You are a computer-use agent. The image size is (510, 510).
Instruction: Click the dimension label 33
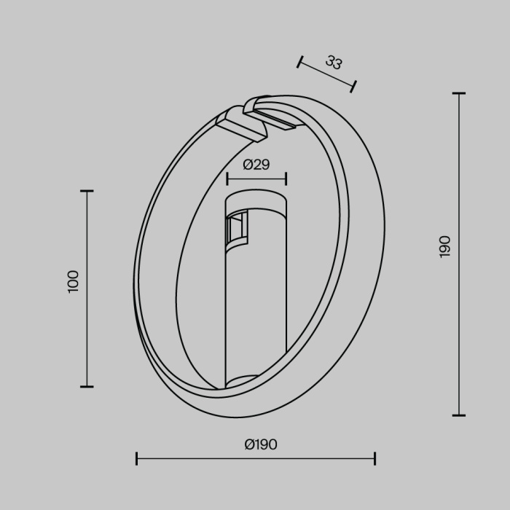coord(334,63)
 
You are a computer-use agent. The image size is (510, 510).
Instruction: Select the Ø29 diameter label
coord(256,165)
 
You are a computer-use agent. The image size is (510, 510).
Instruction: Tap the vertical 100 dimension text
coord(73,281)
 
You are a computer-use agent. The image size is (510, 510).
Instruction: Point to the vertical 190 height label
coord(445,246)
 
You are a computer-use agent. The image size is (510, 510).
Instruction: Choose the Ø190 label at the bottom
coord(261,444)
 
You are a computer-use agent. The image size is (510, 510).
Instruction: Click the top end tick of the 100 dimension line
coord(87,191)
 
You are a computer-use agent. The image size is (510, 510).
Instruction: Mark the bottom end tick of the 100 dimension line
coord(87,386)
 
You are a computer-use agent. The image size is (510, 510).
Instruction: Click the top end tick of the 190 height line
coord(458,94)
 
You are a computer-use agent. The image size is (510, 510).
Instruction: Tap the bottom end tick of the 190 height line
coord(458,415)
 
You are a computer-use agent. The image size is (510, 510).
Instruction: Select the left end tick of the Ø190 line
coord(137,458)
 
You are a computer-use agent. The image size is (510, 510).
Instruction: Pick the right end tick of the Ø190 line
coord(374,458)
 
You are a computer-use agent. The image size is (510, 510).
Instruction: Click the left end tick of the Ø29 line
coord(227,178)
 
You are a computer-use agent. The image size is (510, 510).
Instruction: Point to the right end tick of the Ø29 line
coord(286,178)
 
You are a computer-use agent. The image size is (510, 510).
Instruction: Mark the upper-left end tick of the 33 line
coord(299,62)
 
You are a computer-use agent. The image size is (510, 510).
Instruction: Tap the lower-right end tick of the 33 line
coord(353,87)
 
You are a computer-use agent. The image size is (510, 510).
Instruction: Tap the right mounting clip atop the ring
coord(273,114)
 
